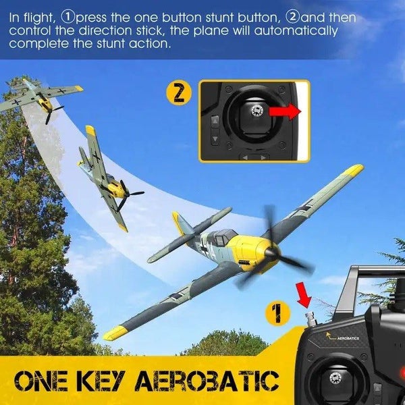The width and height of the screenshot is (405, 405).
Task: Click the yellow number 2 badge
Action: [178, 92]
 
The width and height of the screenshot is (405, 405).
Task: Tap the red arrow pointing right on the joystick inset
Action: [285, 111]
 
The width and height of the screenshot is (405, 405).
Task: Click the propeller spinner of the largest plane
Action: [272, 251]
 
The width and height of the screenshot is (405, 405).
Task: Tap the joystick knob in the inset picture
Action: [256, 111]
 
